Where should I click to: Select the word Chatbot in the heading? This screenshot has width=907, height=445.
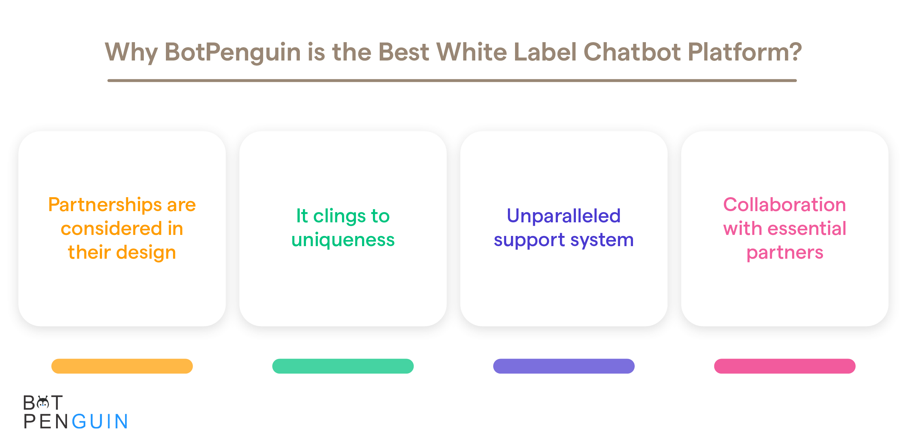[632, 52]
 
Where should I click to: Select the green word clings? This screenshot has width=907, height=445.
[339, 217]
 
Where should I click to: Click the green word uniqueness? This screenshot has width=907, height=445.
[343, 240]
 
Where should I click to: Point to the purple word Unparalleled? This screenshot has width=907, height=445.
[563, 216]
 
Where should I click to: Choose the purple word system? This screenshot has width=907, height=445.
[602, 241]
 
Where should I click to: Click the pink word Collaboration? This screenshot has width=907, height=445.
[785, 205]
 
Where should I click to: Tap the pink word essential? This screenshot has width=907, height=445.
[807, 228]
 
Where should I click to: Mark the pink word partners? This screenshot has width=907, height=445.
[785, 253]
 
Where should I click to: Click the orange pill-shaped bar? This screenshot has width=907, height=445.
[122, 366]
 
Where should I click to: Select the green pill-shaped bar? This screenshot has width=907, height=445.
[343, 366]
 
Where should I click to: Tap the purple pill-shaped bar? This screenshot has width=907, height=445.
[564, 366]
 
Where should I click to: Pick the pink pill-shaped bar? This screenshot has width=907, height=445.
[785, 366]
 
